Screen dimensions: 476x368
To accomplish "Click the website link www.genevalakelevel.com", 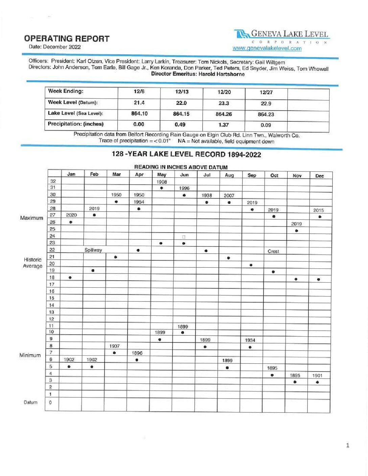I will (267, 48).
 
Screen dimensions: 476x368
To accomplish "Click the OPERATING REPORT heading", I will (67, 39).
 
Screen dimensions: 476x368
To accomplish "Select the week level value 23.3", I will (224, 103).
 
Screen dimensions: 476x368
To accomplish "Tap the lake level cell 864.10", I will (139, 114).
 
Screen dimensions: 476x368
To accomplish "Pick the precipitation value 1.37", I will (224, 125).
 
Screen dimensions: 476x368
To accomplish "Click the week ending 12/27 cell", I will (266, 92).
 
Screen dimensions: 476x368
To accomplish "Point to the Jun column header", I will (184, 175).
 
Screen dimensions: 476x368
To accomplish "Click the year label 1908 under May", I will (162, 182).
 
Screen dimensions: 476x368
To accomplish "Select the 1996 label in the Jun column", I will (184, 188).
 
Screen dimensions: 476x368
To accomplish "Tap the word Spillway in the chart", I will (93, 250).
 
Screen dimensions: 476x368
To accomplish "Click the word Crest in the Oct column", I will (273, 252).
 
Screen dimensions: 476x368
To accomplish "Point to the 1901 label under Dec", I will (317, 376).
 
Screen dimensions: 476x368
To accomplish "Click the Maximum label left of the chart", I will (31, 218).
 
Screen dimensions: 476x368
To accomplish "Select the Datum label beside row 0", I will (30, 402).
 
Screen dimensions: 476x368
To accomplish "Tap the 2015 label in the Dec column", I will (318, 210).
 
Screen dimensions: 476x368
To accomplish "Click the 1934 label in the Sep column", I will (250, 340).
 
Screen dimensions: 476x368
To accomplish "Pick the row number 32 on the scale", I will (53, 181).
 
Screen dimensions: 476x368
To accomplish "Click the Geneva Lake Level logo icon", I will (241, 34).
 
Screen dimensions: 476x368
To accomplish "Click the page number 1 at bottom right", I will (347, 446).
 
